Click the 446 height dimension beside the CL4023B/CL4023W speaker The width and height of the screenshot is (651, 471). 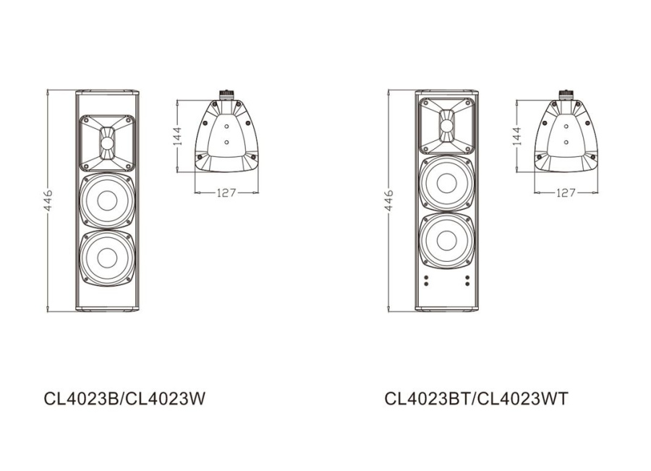tap(47, 200)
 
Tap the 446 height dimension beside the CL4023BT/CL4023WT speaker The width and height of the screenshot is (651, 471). tap(388, 200)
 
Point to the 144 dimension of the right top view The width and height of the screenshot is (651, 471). tap(516, 135)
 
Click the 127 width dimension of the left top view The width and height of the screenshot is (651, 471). tap(227, 193)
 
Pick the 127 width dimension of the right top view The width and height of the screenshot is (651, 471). tap(566, 193)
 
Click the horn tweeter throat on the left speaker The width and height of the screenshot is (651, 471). tap(107, 143)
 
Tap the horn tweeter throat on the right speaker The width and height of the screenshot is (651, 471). tap(447, 127)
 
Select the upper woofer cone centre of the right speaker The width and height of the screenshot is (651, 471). tap(447, 183)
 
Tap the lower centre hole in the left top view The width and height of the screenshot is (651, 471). tap(226, 143)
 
